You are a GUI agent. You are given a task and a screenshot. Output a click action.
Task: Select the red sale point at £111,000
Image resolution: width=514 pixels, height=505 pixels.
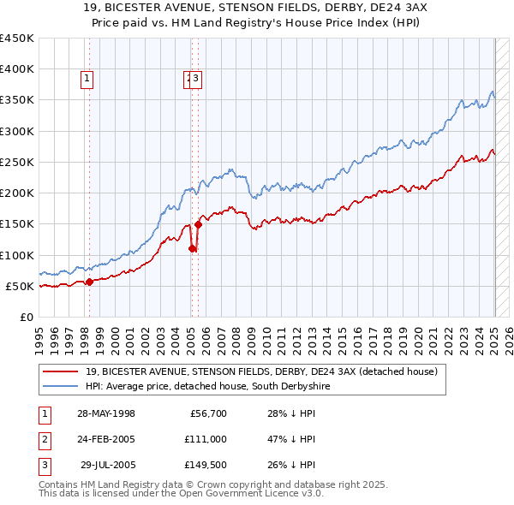(192, 248)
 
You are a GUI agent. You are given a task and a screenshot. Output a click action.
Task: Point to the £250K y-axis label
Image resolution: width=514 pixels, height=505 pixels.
(17, 162)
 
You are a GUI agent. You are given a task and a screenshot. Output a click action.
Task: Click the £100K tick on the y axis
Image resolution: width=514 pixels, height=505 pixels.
(17, 255)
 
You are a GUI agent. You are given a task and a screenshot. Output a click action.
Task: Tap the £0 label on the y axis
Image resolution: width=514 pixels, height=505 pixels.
(26, 318)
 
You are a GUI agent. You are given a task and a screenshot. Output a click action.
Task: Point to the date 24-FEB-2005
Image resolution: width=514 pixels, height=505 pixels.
(106, 440)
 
